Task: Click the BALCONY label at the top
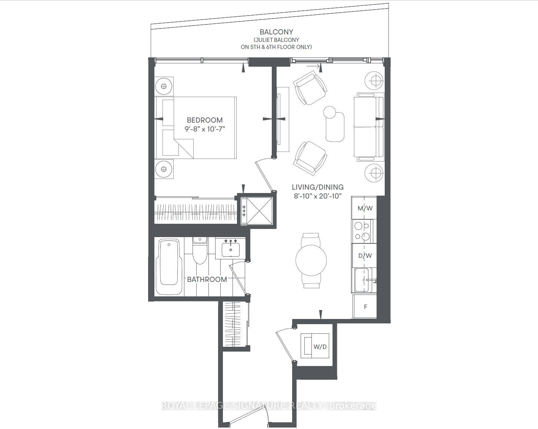click(x=276, y=32)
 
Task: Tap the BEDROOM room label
click(x=204, y=120)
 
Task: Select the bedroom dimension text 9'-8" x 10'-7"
click(x=205, y=129)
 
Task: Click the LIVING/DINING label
click(x=317, y=187)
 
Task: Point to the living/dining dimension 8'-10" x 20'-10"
click(x=317, y=196)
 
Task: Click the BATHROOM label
click(x=207, y=279)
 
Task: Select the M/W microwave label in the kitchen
click(x=365, y=208)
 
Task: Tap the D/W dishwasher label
click(x=365, y=256)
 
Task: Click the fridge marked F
click(x=365, y=307)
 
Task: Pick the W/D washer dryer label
click(x=320, y=347)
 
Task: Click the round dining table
click(x=311, y=260)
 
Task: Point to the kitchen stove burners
click(x=362, y=231)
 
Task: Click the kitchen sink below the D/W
click(x=364, y=280)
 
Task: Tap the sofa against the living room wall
click(x=369, y=127)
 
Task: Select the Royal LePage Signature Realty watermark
click(x=269, y=406)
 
